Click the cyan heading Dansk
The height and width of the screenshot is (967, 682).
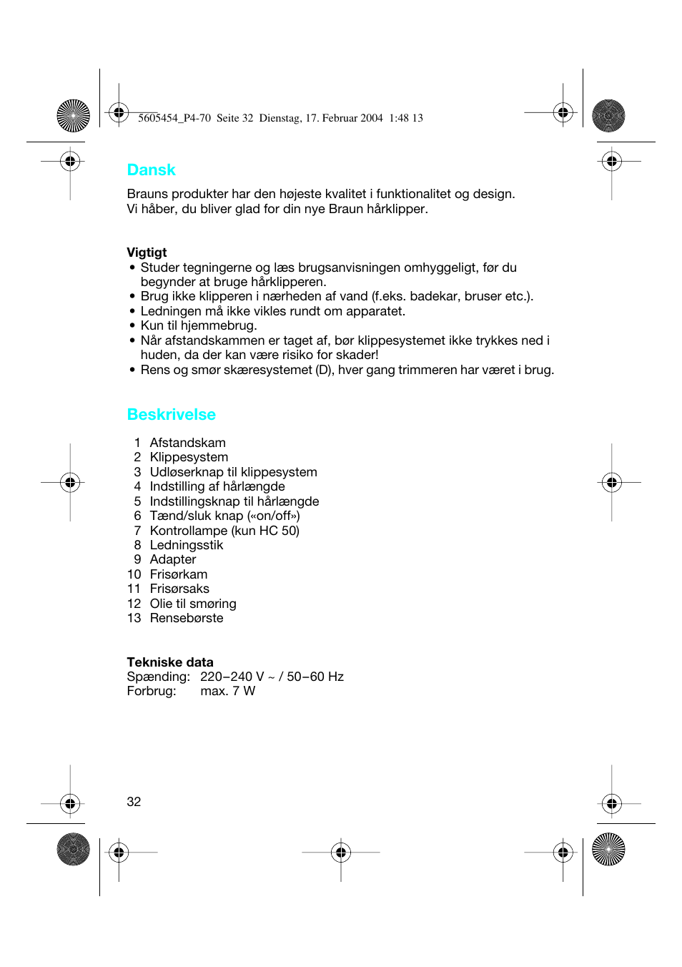pyautogui.click(x=151, y=170)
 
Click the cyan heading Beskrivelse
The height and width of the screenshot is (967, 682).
pyautogui.click(x=171, y=415)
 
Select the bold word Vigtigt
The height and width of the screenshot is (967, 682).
pyautogui.click(x=147, y=252)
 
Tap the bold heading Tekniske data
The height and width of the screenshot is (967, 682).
pyautogui.click(x=170, y=662)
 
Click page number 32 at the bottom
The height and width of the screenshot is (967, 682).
pyautogui.click(x=134, y=802)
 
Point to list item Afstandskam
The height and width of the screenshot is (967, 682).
pyautogui.click(x=187, y=443)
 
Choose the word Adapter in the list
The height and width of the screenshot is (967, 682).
pyautogui.click(x=173, y=559)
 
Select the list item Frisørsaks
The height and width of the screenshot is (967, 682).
pyautogui.click(x=179, y=589)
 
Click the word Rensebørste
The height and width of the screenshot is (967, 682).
pyautogui.click(x=187, y=618)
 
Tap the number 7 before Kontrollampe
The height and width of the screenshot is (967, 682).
pyautogui.click(x=137, y=531)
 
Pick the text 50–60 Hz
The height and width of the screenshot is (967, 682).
pyautogui.click(x=315, y=677)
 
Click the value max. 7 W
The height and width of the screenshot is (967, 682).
pyautogui.click(x=227, y=691)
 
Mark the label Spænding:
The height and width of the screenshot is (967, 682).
pyautogui.click(x=158, y=677)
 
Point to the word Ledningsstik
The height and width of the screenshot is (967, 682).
pyautogui.click(x=187, y=545)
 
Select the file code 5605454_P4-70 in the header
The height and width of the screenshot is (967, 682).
pyautogui.click(x=174, y=118)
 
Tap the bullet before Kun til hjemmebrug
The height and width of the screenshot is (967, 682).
pyautogui.click(x=132, y=326)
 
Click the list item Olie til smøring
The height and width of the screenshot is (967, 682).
pyautogui.click(x=193, y=604)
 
